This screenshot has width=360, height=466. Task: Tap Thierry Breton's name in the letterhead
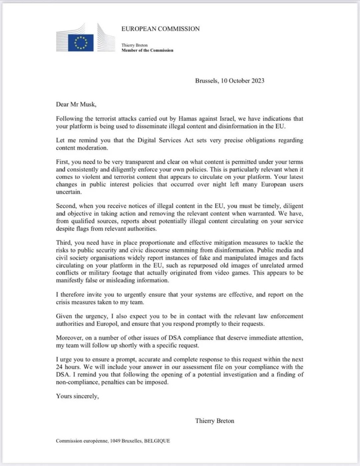click(135, 45)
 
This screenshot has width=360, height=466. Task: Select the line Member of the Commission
click(147, 50)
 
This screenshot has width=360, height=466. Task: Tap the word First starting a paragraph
click(63, 162)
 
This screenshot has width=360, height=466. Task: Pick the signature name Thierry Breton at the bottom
click(215, 421)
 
